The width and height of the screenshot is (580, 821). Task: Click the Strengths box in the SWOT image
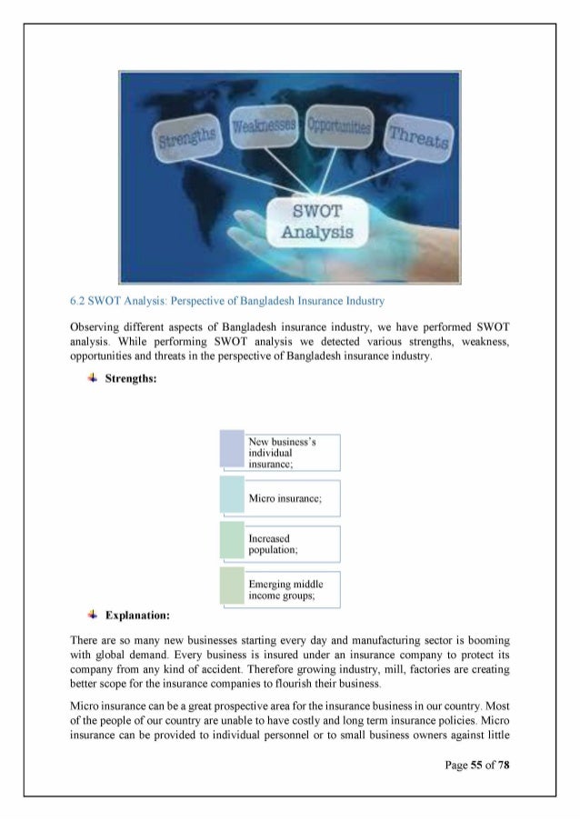coord(186,136)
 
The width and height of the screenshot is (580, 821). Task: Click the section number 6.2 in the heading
coord(77,299)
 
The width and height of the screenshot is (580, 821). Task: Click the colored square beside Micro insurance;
coord(232,497)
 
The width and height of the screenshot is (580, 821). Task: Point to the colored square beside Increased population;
coord(232,543)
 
